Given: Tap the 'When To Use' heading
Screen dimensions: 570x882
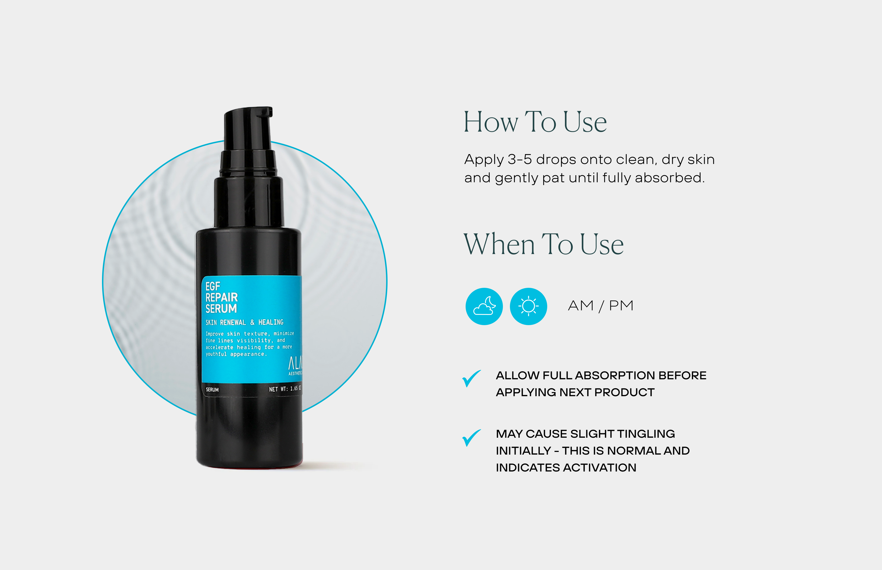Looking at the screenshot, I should pos(543,244).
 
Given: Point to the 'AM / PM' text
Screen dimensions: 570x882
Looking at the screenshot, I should pos(600,306).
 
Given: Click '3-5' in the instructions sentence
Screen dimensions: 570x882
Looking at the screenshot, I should pos(520,160).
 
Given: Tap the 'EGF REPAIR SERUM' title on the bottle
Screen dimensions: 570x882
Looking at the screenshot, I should pos(221,297).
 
